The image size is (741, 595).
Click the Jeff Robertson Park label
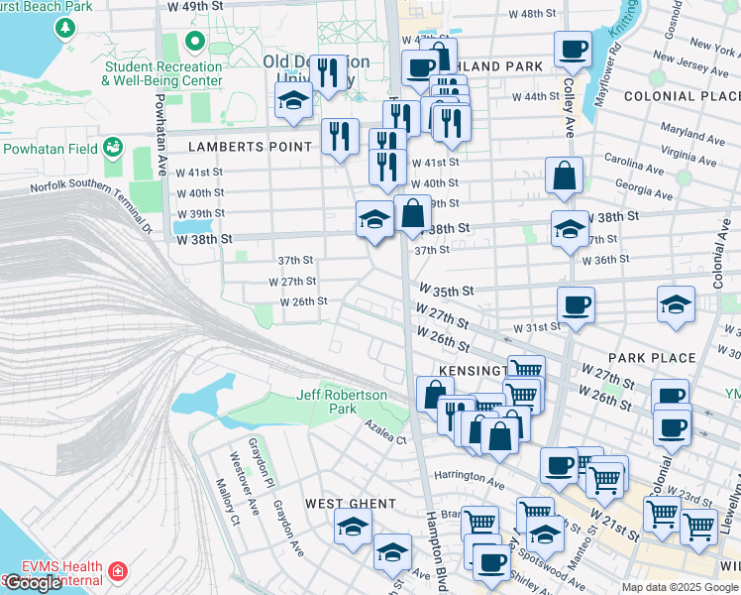tap(342, 402)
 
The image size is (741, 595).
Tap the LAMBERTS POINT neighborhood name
tap(251, 147)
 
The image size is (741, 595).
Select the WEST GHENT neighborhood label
tap(337, 504)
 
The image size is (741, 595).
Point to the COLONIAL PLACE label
tap(682, 96)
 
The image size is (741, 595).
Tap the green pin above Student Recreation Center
tap(195, 43)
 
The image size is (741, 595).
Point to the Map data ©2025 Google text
tap(680, 587)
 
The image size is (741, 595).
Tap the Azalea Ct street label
tap(386, 437)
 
